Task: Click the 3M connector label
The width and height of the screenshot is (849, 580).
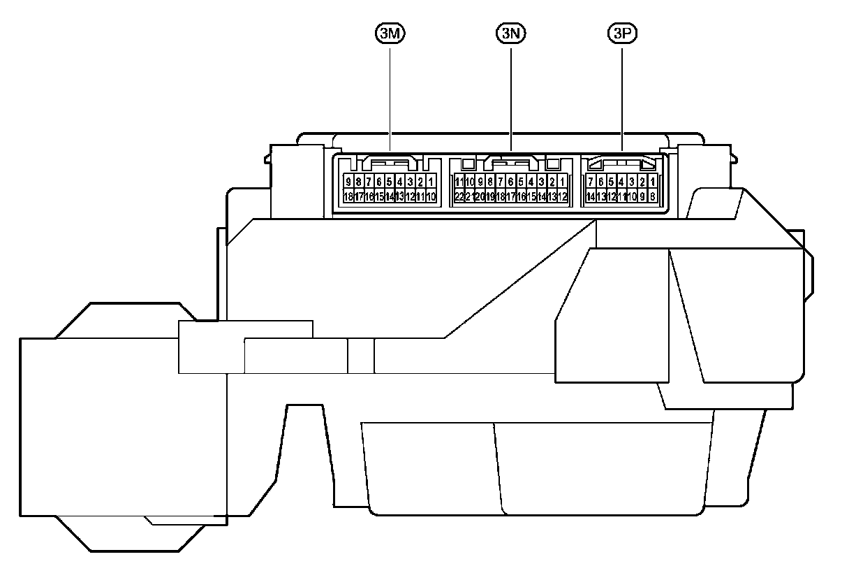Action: [390, 34]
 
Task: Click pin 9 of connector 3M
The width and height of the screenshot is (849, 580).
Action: [348, 182]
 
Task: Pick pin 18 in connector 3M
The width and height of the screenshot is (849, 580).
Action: [348, 197]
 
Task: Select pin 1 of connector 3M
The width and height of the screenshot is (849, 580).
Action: [431, 182]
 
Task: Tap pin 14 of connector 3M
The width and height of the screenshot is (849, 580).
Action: [390, 197]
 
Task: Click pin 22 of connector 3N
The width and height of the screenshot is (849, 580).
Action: [459, 197]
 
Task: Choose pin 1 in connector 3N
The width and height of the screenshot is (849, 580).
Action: [562, 182]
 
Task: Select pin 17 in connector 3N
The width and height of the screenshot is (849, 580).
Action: [510, 197]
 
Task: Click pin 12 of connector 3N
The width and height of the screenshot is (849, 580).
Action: [562, 197]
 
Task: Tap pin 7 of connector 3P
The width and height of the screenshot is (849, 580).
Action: [591, 182]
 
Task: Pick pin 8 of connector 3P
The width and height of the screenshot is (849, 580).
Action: [652, 197]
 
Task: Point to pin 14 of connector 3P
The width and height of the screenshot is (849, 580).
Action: [591, 197]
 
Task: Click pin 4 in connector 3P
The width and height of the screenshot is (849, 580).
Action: [621, 182]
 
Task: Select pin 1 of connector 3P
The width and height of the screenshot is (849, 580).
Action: [652, 182]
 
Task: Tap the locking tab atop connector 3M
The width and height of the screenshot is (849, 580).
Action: [390, 163]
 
